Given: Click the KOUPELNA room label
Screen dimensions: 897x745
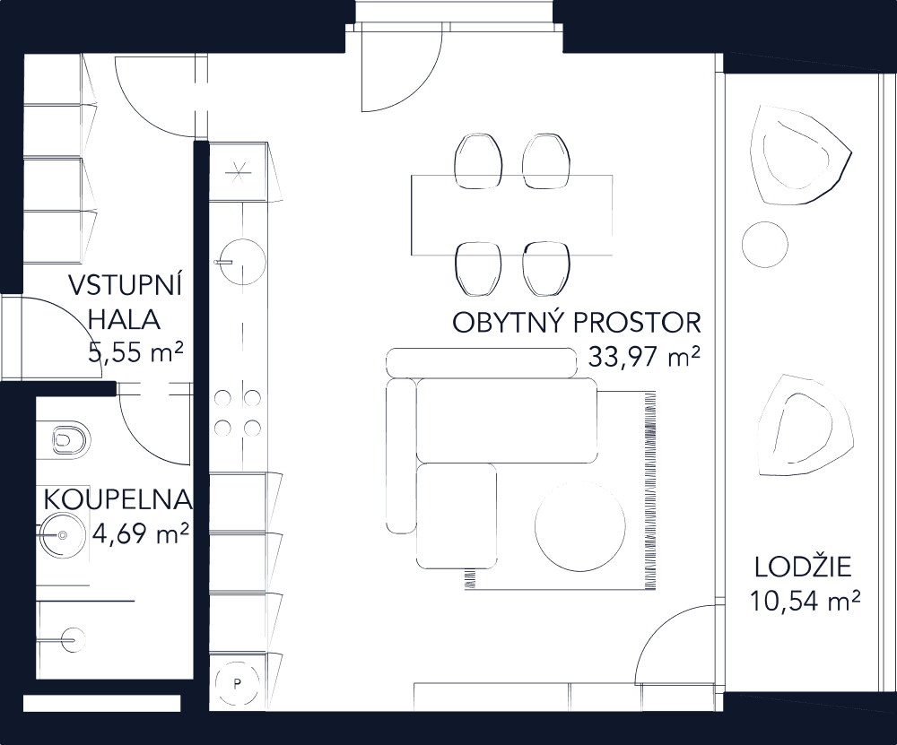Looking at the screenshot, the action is [118, 499].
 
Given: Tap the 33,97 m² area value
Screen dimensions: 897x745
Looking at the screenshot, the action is [644, 358].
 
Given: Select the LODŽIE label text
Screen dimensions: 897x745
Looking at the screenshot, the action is [803, 567].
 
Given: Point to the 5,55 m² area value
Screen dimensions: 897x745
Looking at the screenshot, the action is [136, 351].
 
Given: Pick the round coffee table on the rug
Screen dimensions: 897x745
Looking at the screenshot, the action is [580, 526].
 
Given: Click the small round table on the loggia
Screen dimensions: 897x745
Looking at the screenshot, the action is [765, 242].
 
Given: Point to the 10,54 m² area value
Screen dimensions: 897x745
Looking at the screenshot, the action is [805, 598].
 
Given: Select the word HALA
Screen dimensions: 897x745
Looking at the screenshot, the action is [125, 319].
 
